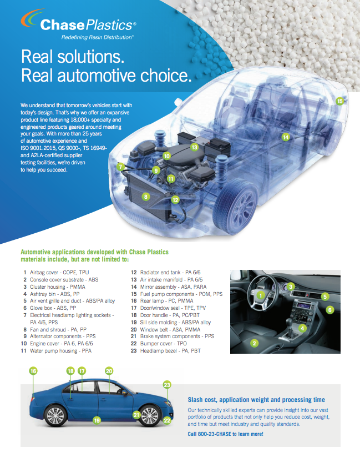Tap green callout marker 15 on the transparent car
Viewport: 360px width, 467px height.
[x=340, y=101]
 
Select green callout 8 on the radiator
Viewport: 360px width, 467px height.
[x=145, y=197]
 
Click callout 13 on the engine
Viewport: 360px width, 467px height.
[x=194, y=147]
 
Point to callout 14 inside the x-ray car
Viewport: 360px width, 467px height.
[x=286, y=137]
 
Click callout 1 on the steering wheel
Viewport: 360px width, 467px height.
[x=261, y=295]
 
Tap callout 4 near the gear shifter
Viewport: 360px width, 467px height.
[x=302, y=328]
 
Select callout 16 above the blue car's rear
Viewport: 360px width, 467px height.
[x=33, y=371]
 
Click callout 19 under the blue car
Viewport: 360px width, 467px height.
[x=97, y=420]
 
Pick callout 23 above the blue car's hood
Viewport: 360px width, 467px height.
[x=167, y=385]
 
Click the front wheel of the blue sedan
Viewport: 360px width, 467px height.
[x=149, y=415]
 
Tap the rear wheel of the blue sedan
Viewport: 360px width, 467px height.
[x=55, y=416]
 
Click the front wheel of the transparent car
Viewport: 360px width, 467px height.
[x=236, y=205]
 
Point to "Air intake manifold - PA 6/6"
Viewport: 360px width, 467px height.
[x=171, y=280]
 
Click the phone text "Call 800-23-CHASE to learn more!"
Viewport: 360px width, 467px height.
[x=226, y=434]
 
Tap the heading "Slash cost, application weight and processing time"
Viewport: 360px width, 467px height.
[x=256, y=400]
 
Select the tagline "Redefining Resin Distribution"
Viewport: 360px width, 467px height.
[x=97, y=37]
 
